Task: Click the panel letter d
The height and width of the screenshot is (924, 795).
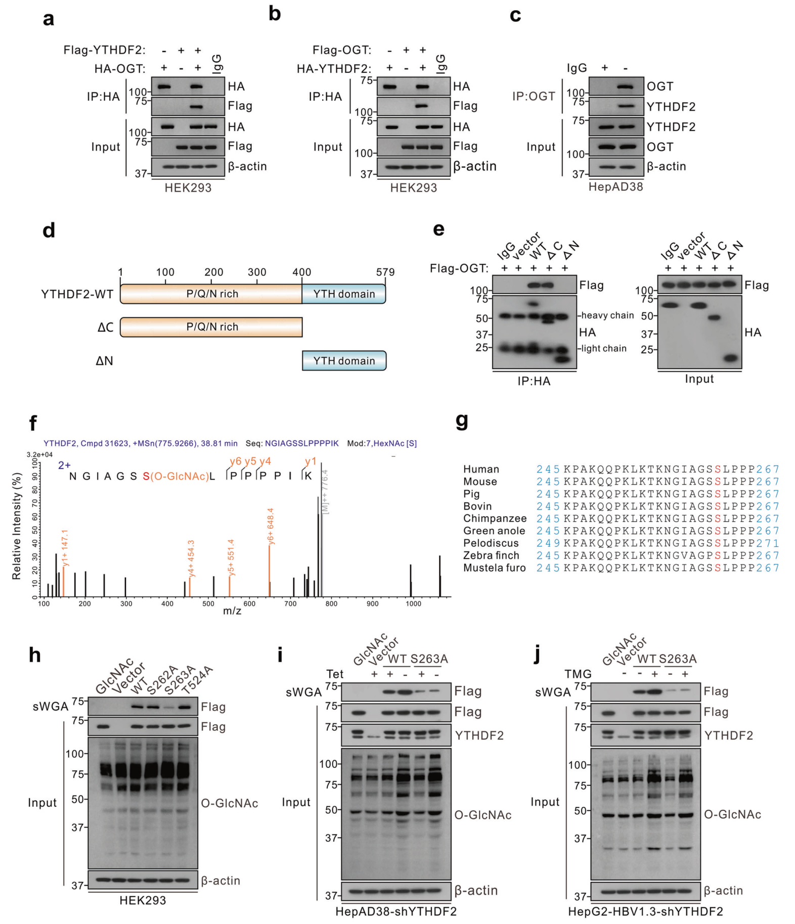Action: click(49, 230)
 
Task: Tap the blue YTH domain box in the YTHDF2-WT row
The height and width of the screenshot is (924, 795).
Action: click(344, 294)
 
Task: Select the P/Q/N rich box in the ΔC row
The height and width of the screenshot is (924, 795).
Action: click(211, 327)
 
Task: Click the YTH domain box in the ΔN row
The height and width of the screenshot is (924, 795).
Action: click(344, 361)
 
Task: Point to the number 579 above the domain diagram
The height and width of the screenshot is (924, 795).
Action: click(385, 272)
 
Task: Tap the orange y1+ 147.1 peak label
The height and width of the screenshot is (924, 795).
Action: click(65, 548)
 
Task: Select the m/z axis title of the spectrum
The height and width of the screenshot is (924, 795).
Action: click(232, 611)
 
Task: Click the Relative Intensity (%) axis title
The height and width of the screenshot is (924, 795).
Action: click(17, 526)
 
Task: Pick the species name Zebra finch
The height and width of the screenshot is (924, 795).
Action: click(491, 556)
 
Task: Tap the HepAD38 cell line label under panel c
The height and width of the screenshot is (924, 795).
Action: click(615, 187)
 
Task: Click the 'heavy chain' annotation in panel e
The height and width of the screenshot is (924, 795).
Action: click(607, 315)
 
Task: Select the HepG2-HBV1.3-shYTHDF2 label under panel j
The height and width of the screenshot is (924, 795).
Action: click(645, 911)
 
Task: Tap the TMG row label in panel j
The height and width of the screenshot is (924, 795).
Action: click(578, 674)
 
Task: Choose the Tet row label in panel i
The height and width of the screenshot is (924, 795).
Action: click(335, 674)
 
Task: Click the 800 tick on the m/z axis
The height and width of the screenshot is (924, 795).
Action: click(331, 604)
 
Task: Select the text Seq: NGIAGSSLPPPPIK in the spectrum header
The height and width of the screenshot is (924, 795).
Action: click(292, 443)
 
